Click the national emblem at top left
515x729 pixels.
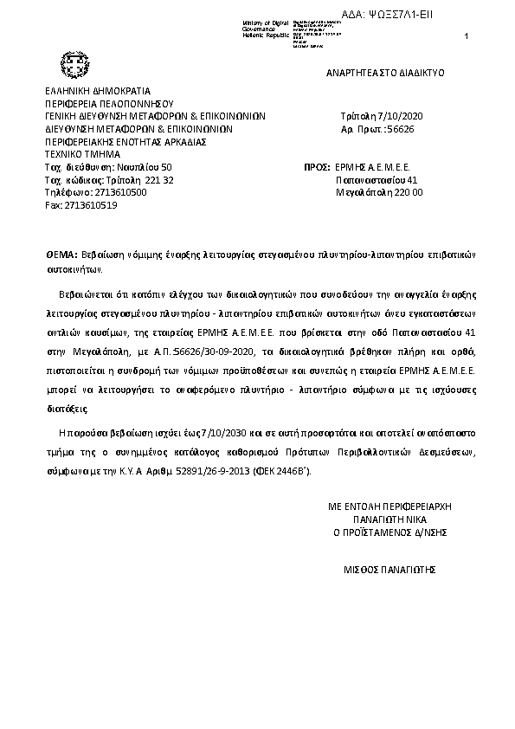[x=68, y=62]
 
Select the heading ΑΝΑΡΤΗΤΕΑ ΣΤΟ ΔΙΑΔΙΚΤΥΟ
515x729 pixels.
[x=385, y=73]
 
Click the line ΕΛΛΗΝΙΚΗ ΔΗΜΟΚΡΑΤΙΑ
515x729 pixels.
[x=98, y=90]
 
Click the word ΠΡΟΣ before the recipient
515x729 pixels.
[x=318, y=166]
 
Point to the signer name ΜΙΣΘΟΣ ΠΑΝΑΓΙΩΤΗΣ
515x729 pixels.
[x=389, y=570]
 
